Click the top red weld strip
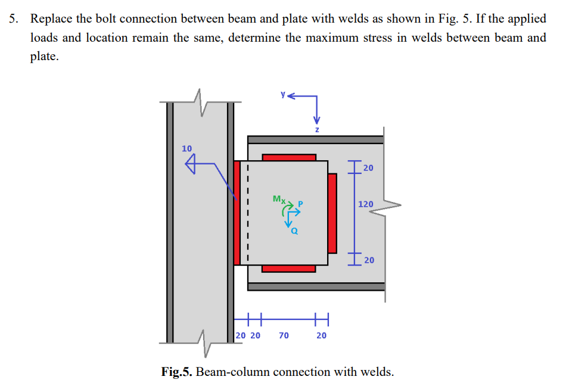click(289, 157)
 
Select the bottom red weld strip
click(289, 268)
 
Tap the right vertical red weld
click(332, 213)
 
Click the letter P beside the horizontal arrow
click(301, 204)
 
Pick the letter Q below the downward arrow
click(294, 232)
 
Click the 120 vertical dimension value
click(366, 204)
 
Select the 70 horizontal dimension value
click(284, 335)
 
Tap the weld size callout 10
click(187, 148)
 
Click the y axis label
click(284, 94)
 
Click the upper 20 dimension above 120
click(368, 167)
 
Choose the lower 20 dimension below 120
click(369, 260)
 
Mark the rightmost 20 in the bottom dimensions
click(321, 335)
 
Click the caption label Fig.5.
click(177, 372)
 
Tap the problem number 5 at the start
click(12, 18)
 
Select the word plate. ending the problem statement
click(45, 57)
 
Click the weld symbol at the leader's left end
click(191, 164)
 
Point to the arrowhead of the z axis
click(317, 117)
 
